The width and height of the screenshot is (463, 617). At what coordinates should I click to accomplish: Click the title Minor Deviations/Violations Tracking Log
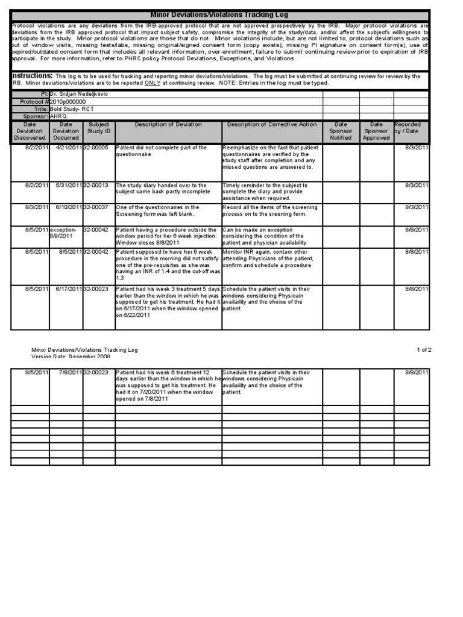(x=219, y=14)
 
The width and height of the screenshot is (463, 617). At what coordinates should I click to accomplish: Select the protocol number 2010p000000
(x=68, y=102)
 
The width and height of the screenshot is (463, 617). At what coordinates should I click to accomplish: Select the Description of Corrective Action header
(x=272, y=125)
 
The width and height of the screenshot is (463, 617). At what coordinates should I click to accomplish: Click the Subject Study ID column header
(x=99, y=131)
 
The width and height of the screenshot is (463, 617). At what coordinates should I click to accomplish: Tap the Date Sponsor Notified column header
(x=341, y=131)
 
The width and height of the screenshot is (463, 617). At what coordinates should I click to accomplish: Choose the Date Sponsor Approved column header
(x=376, y=131)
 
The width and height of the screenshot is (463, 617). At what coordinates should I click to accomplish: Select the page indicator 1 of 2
(x=424, y=349)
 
